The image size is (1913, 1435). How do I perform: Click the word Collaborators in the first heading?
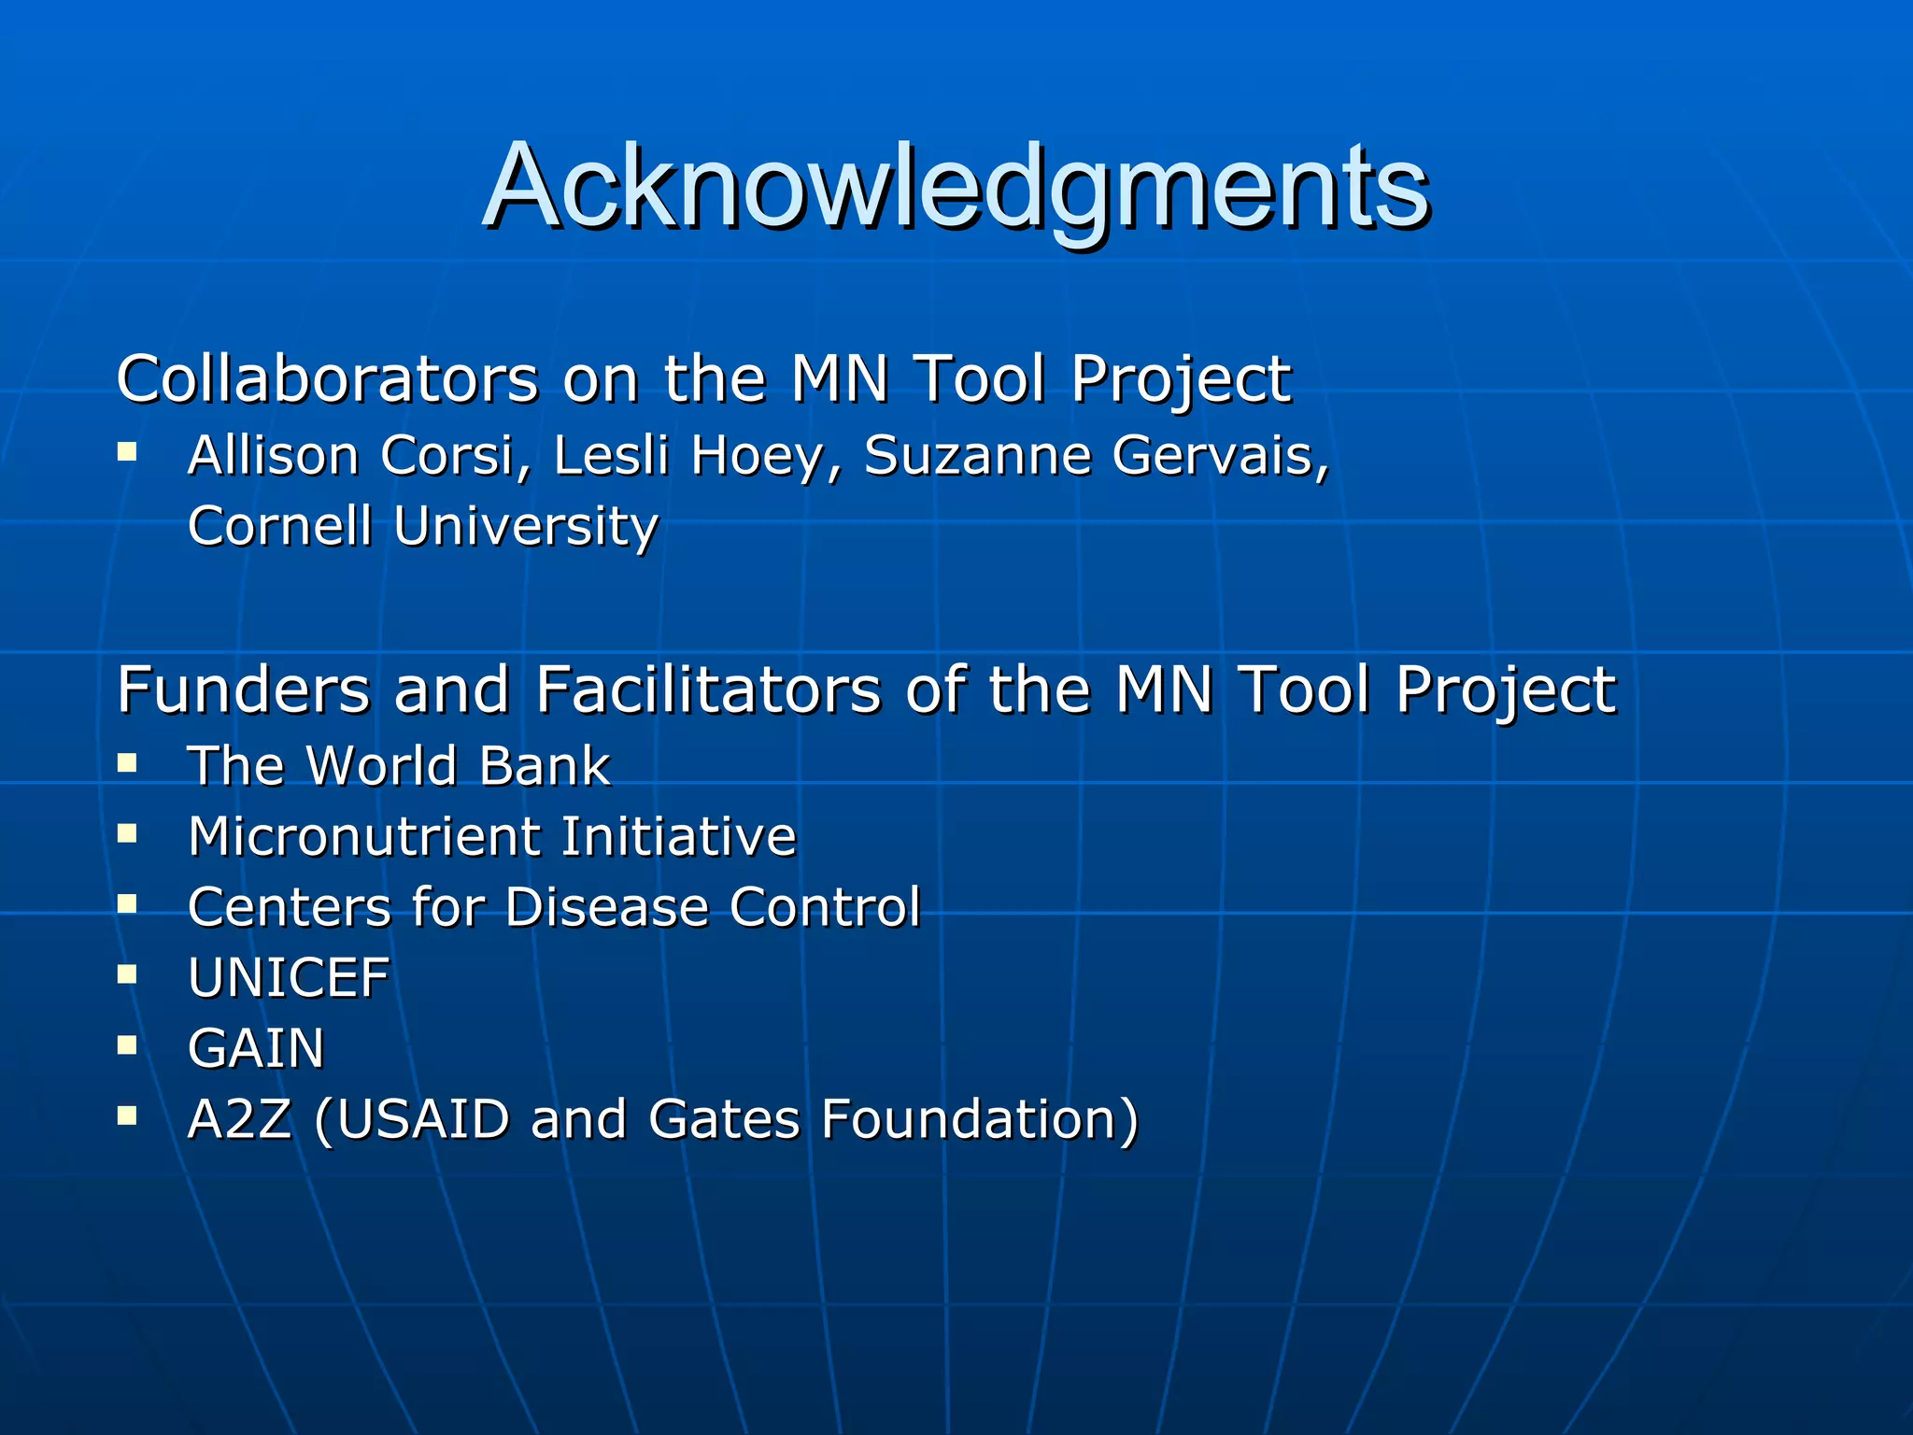click(327, 379)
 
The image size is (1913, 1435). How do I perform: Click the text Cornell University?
click(423, 526)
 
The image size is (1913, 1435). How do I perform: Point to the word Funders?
click(243, 690)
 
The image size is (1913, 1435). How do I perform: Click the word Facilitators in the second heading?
click(707, 690)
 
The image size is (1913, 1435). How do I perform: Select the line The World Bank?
click(399, 766)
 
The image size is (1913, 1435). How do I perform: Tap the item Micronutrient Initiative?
click(492, 836)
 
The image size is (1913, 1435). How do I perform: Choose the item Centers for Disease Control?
click(554, 907)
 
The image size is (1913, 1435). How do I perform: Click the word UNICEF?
click(289, 978)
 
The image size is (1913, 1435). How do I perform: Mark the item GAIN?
click(256, 1048)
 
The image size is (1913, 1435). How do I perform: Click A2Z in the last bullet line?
click(240, 1119)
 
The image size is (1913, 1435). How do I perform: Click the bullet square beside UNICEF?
click(127, 974)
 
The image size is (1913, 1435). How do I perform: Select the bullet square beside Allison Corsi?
click(127, 453)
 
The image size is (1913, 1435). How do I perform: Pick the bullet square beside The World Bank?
click(127, 763)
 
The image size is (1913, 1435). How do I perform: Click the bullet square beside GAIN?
click(127, 1044)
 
